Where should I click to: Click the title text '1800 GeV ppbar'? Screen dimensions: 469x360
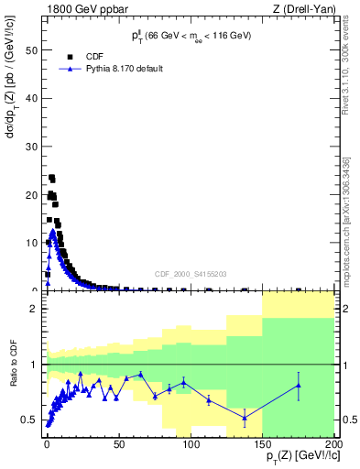(81, 9)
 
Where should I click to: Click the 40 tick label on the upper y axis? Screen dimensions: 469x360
(32, 98)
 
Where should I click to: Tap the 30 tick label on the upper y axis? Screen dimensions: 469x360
(32, 147)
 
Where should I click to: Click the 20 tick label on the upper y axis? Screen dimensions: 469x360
(32, 194)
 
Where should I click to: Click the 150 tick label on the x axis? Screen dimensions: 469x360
(260, 442)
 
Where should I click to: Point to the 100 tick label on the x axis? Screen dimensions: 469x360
(190, 442)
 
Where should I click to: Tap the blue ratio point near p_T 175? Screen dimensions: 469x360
(299, 386)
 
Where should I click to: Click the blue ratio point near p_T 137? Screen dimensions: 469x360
(245, 418)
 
